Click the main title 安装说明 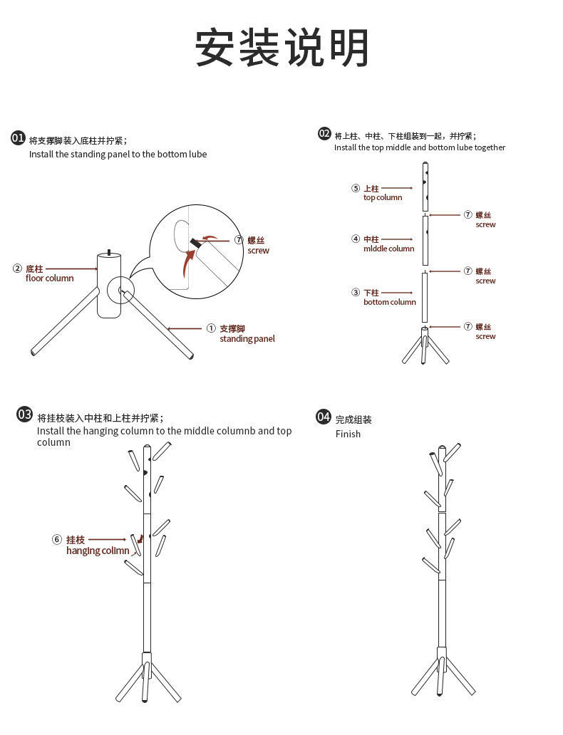tap(282, 48)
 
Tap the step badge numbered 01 tap(19, 138)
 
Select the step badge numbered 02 tap(324, 134)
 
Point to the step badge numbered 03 tap(25, 415)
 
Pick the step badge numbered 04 tap(324, 417)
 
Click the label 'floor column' tap(50, 278)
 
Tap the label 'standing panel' tap(247, 339)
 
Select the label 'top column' tap(383, 198)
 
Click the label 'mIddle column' tap(388, 249)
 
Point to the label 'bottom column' tap(389, 302)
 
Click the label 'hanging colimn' tap(98, 551)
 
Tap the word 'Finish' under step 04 tap(348, 434)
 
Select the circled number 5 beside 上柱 tap(356, 189)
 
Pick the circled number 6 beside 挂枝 tap(57, 540)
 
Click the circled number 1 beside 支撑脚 tap(211, 328)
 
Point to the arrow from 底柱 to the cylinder tap(71, 269)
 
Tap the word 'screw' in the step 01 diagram tap(259, 251)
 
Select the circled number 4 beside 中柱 tap(356, 239)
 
